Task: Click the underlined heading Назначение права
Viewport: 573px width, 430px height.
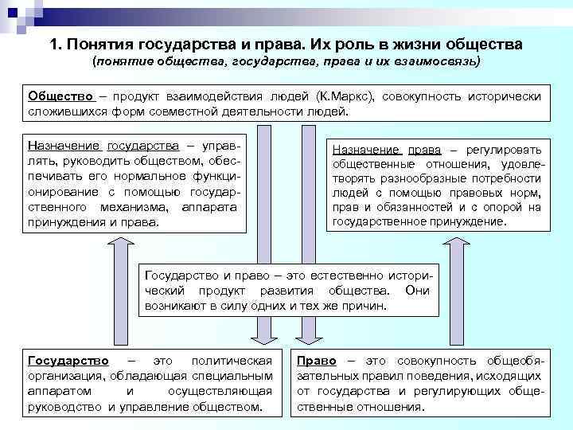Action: tap(387, 150)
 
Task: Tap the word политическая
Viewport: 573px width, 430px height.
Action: tap(237, 360)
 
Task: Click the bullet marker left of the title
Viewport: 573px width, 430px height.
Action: tap(30, 45)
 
